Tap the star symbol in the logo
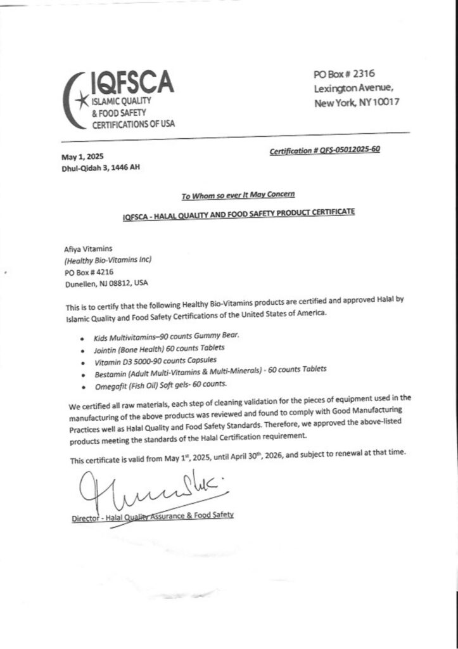[79, 100]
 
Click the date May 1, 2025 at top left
[82, 157]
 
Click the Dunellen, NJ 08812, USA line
[107, 283]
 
